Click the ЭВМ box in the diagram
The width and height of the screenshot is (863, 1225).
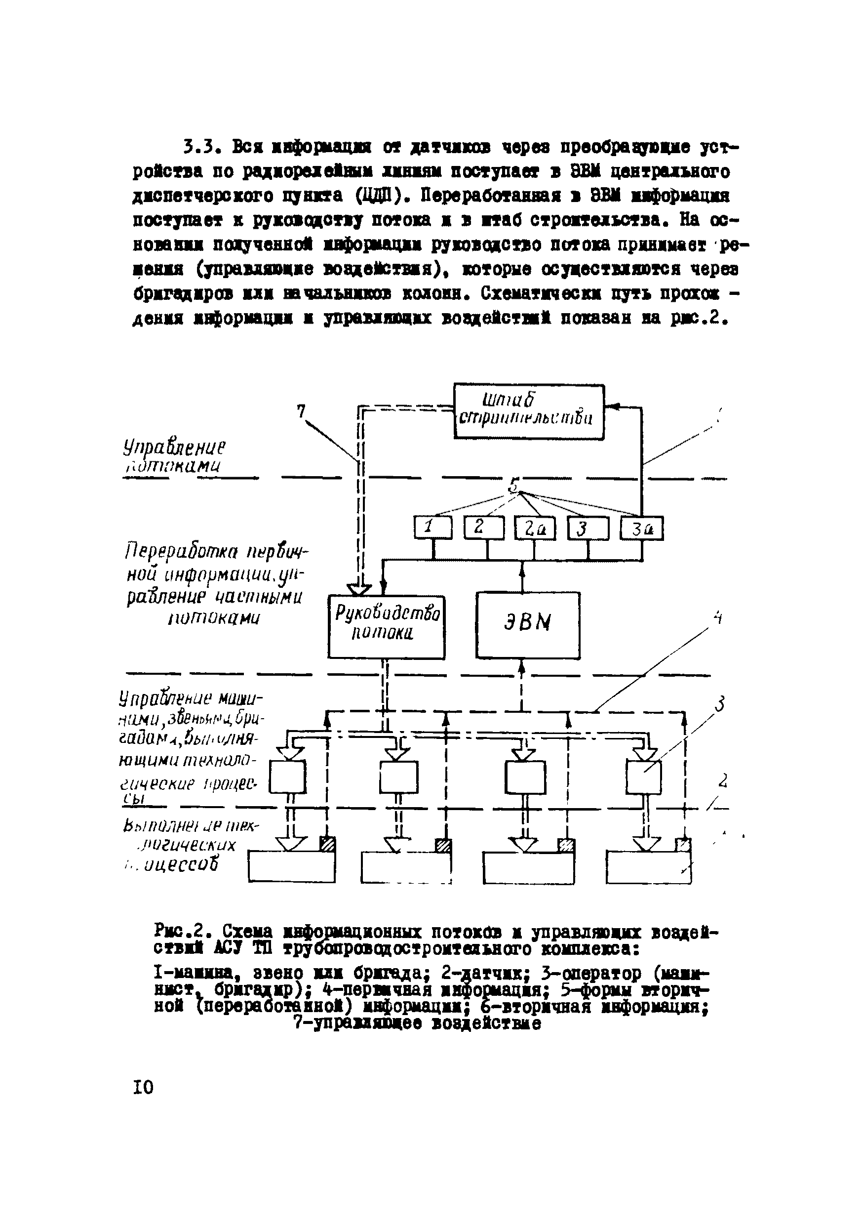pos(527,625)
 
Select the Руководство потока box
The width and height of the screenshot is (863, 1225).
pos(386,627)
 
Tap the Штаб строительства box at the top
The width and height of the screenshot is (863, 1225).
pos(528,411)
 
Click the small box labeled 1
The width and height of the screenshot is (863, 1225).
pos(432,528)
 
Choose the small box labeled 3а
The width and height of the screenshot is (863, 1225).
pos(641,529)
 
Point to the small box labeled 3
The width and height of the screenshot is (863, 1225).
pos(587,529)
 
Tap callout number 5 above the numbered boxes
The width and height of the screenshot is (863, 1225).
pos(513,486)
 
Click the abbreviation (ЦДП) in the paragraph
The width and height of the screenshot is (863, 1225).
pos(378,196)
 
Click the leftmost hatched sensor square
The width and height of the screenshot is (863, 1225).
pos(327,844)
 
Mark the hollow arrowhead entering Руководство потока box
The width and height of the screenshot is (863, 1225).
pos(358,588)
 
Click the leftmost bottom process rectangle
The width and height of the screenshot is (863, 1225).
pos(291,867)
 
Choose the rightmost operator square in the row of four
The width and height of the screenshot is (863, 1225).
pos(643,777)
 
